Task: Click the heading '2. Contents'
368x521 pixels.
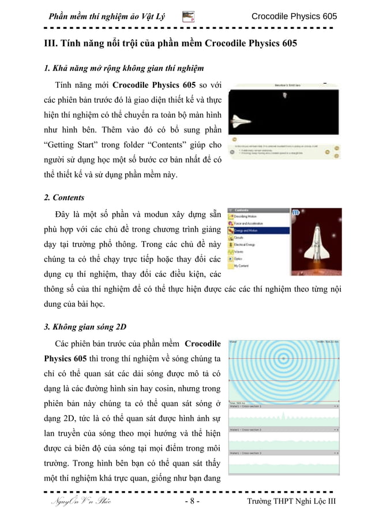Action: coord(64,197)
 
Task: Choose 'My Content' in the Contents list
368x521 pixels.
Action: coord(245,267)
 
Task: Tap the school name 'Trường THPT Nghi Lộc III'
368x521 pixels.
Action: coord(291,501)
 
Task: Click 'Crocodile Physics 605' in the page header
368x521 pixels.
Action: coord(294,16)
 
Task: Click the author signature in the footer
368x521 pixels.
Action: coord(81,501)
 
